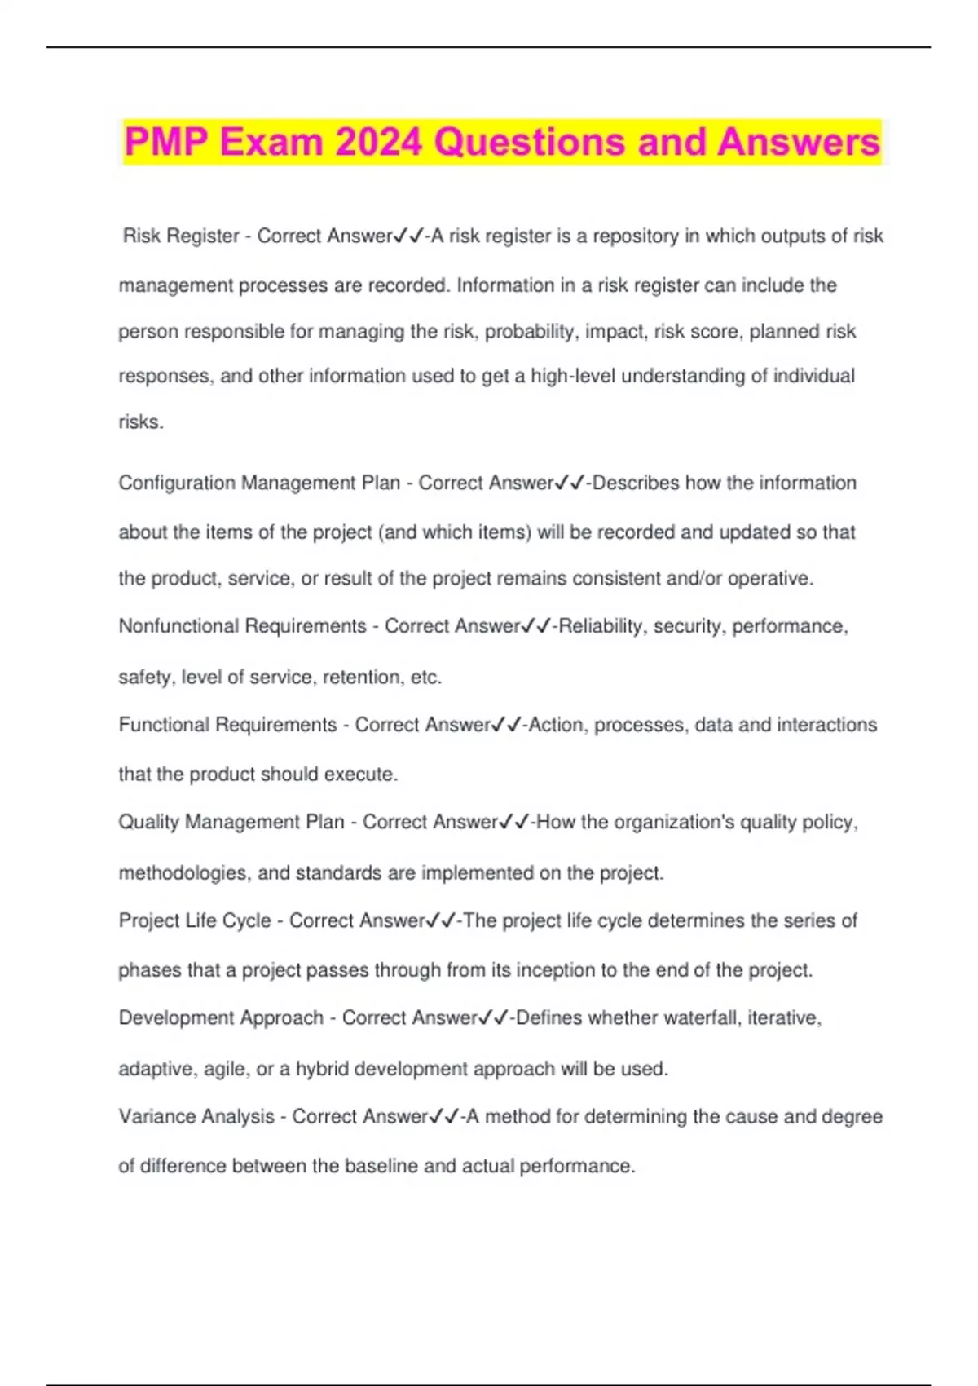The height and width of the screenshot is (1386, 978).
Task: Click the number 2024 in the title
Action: (379, 142)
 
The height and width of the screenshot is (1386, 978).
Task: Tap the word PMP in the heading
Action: (166, 142)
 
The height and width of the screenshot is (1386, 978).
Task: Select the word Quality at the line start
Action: (148, 822)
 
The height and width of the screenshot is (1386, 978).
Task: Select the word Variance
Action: (156, 1116)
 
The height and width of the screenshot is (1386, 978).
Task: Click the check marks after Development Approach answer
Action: (494, 1017)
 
